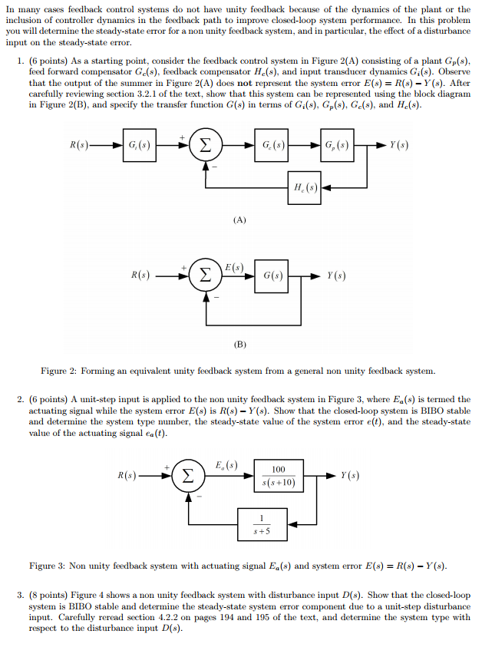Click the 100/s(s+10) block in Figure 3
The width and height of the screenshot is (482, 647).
pos(279,476)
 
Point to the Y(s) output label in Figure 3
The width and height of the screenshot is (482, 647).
pos(351,475)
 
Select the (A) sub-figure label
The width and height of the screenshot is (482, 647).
pos(240,220)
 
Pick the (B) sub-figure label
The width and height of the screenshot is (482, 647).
pos(240,344)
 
